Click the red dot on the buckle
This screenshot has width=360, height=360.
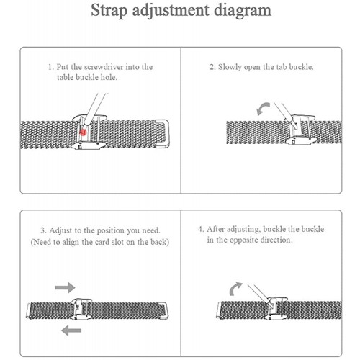(83, 132)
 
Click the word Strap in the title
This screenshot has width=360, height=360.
(109, 11)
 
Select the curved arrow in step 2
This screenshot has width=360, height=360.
(263, 109)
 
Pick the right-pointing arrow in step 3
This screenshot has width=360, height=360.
(65, 287)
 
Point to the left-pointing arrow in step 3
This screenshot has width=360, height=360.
(71, 330)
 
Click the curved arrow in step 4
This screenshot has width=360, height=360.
(235, 289)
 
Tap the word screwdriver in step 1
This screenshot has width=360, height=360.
(104, 67)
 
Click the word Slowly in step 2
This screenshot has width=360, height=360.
(230, 67)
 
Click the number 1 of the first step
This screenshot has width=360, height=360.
(50, 67)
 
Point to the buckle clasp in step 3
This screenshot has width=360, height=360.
(81, 309)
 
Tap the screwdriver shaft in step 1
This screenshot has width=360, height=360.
(94, 109)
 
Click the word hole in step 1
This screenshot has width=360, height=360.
(109, 77)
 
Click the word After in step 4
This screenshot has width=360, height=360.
(216, 229)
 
